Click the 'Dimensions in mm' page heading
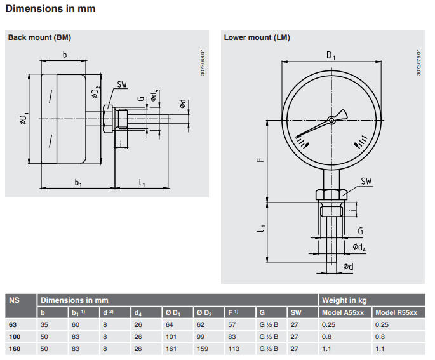click(x=51, y=10)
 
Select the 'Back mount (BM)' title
click(x=39, y=37)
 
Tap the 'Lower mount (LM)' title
click(x=257, y=37)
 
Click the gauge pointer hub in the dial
click(x=331, y=119)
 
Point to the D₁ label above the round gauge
click(x=331, y=56)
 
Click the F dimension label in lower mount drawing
click(x=260, y=161)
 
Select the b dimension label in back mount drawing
click(x=64, y=55)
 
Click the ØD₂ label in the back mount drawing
click(x=95, y=92)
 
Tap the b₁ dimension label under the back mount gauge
click(x=78, y=183)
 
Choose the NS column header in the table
click(x=13, y=300)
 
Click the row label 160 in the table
click(x=13, y=349)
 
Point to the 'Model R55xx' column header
click(x=396, y=312)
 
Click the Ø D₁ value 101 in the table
click(x=170, y=337)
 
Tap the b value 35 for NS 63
click(x=44, y=324)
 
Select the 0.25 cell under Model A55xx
click(x=331, y=324)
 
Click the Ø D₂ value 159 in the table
click(x=202, y=349)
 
